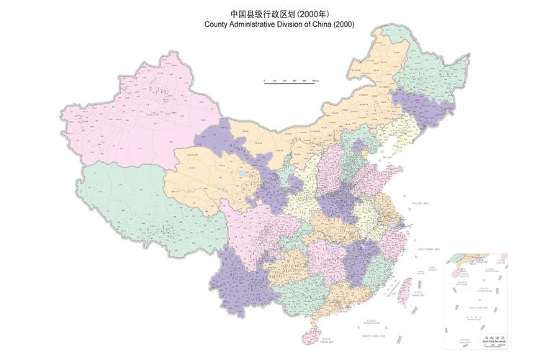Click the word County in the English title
click(217, 24)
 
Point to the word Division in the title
click(300, 24)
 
